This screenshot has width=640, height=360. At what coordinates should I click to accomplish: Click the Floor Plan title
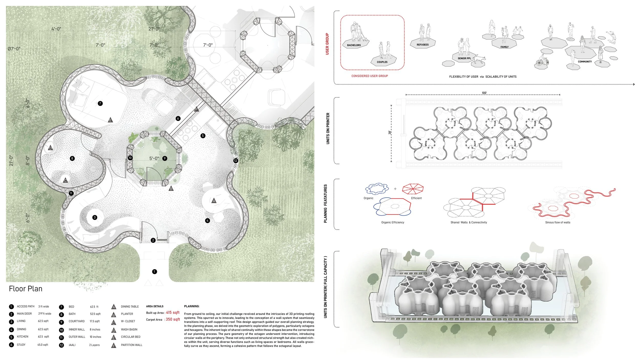(x=26, y=289)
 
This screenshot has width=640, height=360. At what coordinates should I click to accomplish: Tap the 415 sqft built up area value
(x=173, y=313)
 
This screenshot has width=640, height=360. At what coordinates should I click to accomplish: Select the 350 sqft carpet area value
(x=173, y=319)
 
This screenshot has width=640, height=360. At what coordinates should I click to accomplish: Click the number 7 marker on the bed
(x=100, y=103)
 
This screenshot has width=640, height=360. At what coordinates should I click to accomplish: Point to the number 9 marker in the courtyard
(x=165, y=158)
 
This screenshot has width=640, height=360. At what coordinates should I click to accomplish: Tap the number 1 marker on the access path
(x=154, y=272)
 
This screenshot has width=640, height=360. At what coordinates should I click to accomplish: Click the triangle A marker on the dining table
(x=214, y=201)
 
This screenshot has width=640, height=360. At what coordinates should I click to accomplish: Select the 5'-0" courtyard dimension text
(x=154, y=158)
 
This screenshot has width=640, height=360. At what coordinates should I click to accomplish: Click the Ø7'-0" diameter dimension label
(x=14, y=49)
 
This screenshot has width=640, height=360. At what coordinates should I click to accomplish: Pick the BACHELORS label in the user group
(x=354, y=45)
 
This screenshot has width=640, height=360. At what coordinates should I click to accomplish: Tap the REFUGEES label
(x=422, y=45)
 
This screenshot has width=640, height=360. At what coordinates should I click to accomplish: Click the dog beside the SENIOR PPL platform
(x=480, y=59)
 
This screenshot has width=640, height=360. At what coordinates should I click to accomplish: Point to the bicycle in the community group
(x=542, y=62)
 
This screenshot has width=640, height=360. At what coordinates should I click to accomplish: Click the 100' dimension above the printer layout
(x=484, y=93)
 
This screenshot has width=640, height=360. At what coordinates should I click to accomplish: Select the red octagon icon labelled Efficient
(x=413, y=189)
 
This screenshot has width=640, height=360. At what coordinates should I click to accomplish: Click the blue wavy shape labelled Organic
(x=377, y=189)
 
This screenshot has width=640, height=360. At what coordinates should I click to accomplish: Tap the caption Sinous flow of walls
(x=558, y=223)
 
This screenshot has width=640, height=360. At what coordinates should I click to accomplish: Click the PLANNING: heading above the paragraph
(x=191, y=306)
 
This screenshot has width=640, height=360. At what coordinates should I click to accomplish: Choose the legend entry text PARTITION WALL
(x=132, y=345)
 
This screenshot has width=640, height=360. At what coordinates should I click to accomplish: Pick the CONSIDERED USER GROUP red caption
(x=369, y=76)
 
